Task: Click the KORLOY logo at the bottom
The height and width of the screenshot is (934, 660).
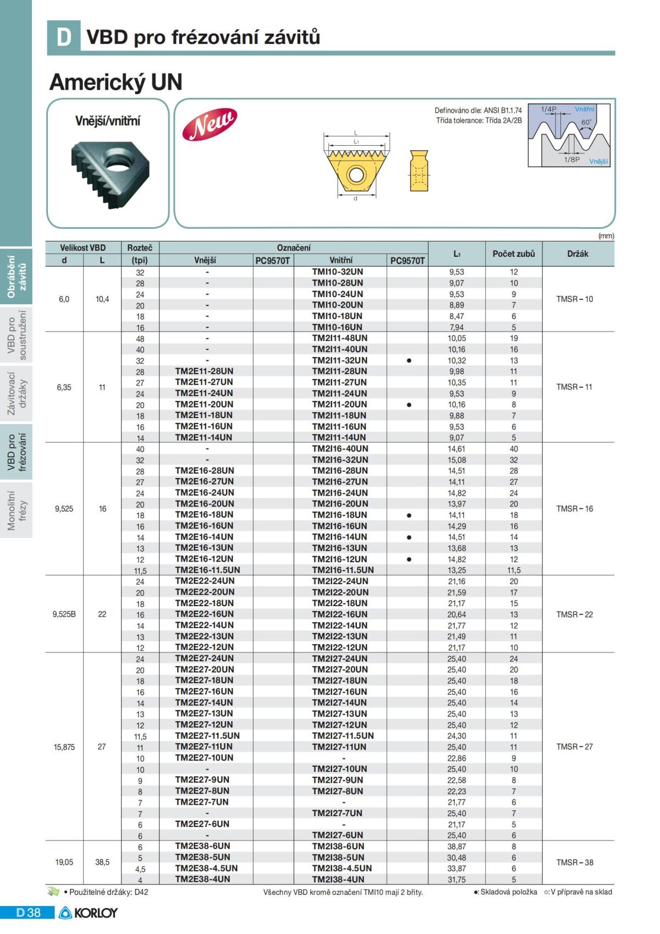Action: pos(89,913)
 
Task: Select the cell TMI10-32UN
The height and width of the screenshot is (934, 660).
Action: pos(337,272)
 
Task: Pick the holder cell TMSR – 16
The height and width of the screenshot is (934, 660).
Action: pos(574,509)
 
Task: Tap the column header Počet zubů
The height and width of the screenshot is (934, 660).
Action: pos(513,254)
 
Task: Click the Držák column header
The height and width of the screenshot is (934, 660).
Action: pos(577,254)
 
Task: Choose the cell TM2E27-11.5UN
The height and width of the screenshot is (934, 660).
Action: pos(207,735)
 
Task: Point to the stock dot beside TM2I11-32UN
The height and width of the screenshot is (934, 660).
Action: pos(409,361)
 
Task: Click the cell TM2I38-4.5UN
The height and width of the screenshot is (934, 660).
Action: pos(342,868)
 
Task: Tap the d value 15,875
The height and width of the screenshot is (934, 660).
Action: pos(64,747)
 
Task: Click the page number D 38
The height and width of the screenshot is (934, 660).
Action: pos(29,913)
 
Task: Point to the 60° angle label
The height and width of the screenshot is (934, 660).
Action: pos(586,122)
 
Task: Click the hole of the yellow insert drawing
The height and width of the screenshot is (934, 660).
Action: pos(355,175)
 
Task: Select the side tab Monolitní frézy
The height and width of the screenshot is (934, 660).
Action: pos(16,510)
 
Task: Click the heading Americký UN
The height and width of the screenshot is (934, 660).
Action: pos(116,83)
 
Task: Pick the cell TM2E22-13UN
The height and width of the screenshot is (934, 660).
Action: pos(204,636)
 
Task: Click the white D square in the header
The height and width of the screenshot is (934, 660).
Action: pos(64,37)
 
